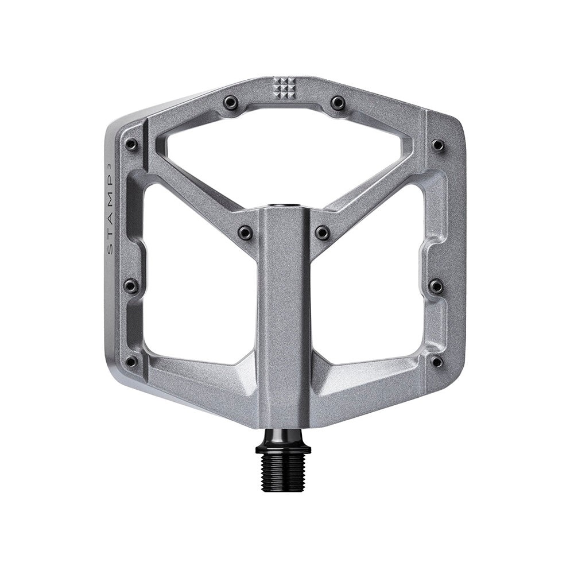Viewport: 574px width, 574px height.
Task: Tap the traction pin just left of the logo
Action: point(231,102)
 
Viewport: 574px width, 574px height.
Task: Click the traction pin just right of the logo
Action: point(338,103)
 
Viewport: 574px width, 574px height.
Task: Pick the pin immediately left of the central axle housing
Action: point(245,232)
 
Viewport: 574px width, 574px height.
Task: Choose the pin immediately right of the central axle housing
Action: point(323,232)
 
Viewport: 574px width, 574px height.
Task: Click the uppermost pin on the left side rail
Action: point(131,144)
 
